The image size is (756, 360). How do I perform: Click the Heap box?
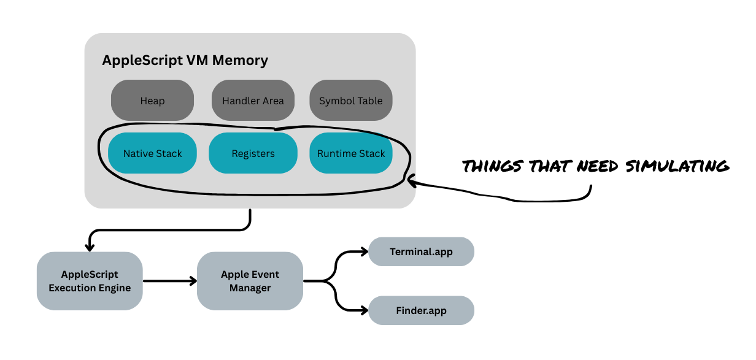[152, 101]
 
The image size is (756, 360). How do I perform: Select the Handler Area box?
[253, 101]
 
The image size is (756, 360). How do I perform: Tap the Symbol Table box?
[350, 101]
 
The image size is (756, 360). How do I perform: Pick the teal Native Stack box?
[152, 153]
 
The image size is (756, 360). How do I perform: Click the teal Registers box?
[253, 153]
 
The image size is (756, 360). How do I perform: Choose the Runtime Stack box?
[350, 153]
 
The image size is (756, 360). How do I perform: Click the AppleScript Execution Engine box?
[90, 281]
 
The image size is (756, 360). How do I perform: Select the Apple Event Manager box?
[250, 281]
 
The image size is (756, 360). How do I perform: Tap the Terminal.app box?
[421, 251]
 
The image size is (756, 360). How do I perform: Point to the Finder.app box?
[421, 310]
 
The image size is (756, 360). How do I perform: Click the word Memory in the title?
[239, 61]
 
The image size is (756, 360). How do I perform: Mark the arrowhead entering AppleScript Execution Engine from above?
[90, 247]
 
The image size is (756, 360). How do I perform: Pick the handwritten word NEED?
[602, 166]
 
